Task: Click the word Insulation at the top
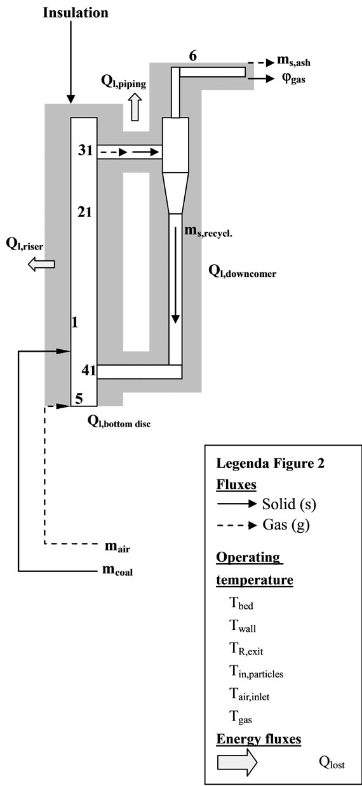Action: [x=75, y=13]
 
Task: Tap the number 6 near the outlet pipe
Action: [x=193, y=56]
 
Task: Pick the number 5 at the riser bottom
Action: [x=79, y=398]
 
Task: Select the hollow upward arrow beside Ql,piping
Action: [x=135, y=108]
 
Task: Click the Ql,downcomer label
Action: [x=243, y=271]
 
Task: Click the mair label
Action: [x=117, y=545]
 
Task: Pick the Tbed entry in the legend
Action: [x=241, y=604]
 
